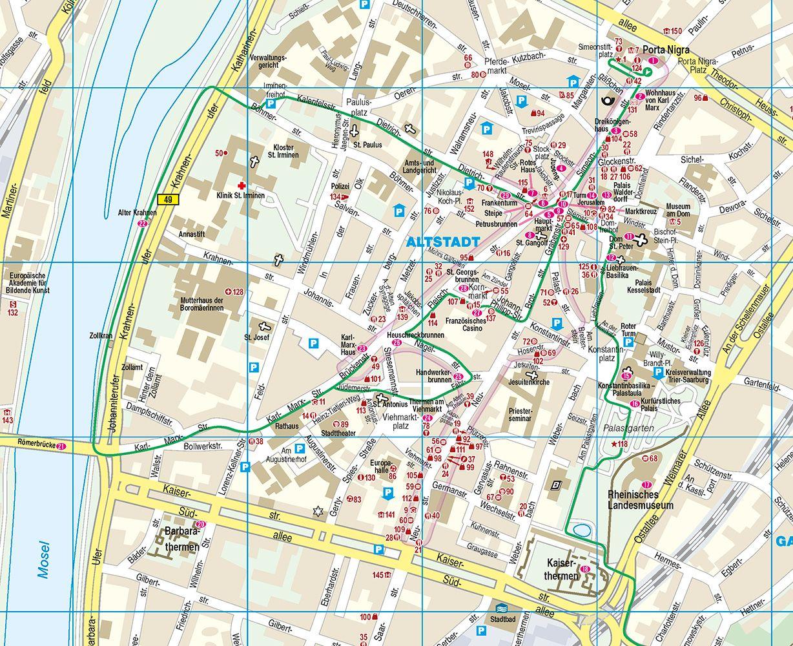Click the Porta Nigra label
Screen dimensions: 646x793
pos(666,50)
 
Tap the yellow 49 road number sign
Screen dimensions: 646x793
pos(169,200)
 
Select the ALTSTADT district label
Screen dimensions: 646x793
pos(444,242)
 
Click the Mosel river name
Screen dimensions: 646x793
pos(44,559)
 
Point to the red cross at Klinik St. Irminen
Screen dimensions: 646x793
pos(243,184)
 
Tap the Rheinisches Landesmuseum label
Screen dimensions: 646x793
pos(641,500)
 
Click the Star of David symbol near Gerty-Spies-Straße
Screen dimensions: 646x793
pos(317,512)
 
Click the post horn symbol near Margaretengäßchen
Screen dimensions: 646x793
pos(607,100)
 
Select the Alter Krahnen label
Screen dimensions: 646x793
pos(133,213)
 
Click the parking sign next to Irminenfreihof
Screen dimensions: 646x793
pos(272,103)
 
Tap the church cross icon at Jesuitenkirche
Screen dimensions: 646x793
pos(533,374)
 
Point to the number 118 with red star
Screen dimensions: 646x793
pos(618,444)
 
